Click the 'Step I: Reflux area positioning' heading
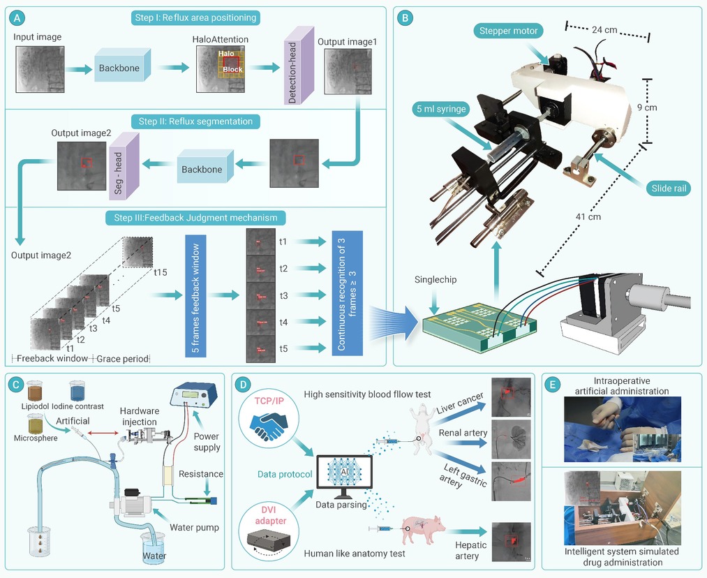coord(195,18)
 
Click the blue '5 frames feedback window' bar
coord(195,296)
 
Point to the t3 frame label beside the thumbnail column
coord(283,296)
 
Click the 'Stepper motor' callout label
coord(508,31)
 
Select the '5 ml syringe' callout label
coord(441,109)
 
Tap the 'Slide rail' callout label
coord(669,188)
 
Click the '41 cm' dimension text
coord(588,217)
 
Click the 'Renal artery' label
coord(463,433)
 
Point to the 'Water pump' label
coord(194,528)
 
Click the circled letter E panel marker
coord(553,385)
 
